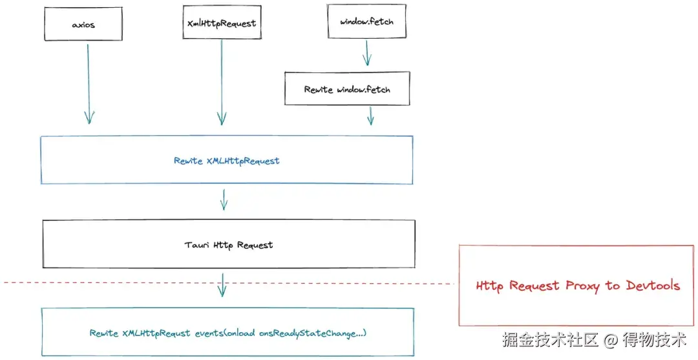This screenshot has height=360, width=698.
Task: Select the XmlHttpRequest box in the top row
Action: (x=222, y=23)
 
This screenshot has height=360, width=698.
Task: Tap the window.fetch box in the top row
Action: (x=366, y=21)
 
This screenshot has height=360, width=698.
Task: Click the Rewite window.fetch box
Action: (x=347, y=89)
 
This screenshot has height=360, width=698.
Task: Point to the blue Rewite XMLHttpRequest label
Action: (x=226, y=160)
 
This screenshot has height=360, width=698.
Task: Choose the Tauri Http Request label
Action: (x=228, y=245)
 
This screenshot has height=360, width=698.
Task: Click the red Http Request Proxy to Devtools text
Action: (x=578, y=285)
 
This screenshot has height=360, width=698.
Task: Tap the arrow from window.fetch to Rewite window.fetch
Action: (x=367, y=53)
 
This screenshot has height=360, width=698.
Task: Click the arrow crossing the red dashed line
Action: (x=223, y=284)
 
